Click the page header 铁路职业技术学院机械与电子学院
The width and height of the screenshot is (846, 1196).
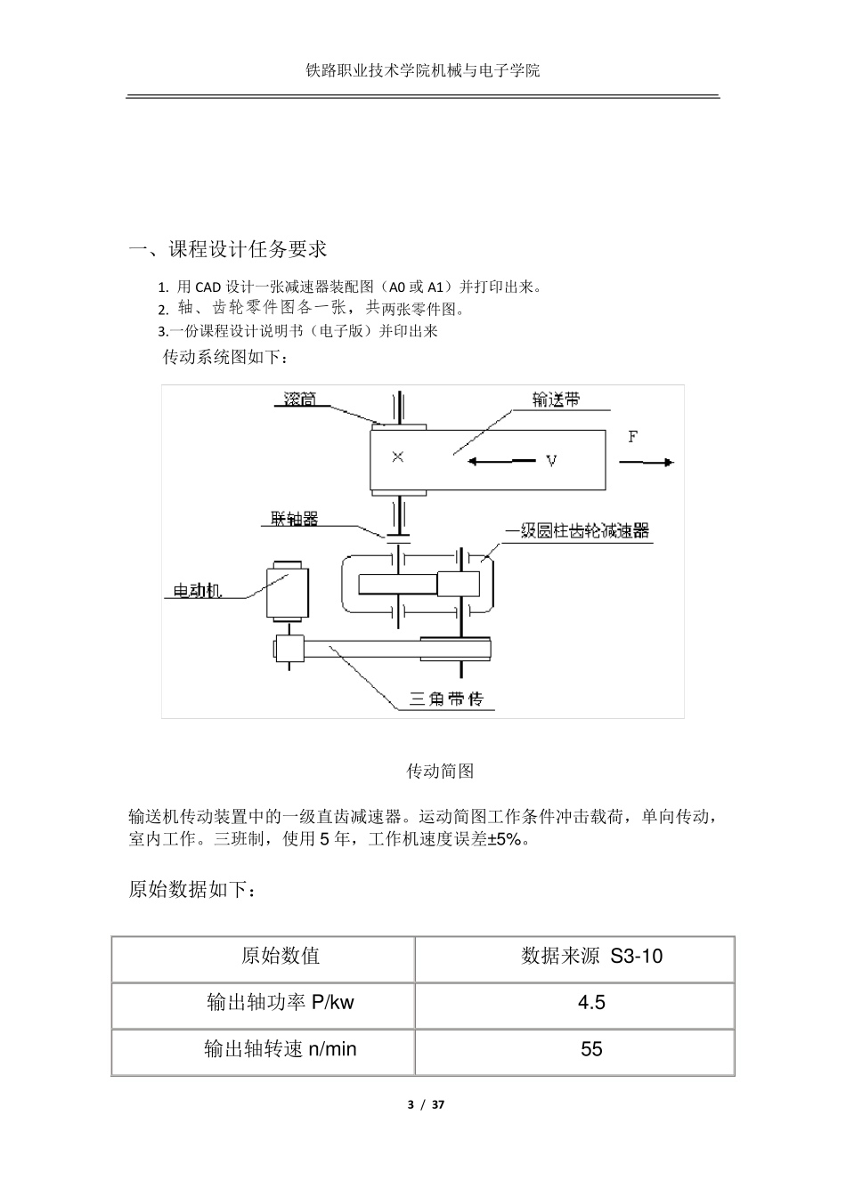pos(422,70)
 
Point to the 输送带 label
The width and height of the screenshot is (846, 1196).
pos(556,400)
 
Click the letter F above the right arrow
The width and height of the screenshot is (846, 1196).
pos(633,437)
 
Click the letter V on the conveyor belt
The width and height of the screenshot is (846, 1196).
pos(551,461)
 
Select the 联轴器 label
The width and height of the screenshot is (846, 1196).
pos(295,518)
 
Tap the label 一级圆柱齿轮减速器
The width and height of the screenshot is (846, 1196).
pos(577,531)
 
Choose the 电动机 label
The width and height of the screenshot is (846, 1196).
pos(196,590)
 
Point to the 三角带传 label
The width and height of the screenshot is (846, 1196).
pos(446,699)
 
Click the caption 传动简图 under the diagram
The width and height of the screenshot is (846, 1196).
pos(440,771)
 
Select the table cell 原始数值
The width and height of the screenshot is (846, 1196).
pos(281,957)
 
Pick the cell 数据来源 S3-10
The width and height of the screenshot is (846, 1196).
pos(591,957)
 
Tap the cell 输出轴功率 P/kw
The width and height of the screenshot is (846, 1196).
pos(281,1003)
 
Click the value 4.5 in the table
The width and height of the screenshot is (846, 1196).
pos(591,1003)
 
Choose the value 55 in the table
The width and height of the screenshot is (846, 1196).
pos(591,1049)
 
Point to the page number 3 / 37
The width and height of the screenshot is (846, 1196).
pos(425,1105)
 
